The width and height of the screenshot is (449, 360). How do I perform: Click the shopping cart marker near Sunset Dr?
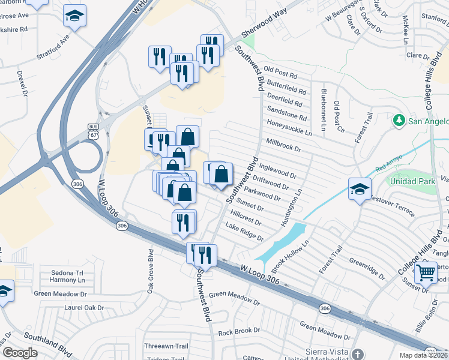426,272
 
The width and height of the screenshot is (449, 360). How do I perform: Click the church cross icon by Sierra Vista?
358,353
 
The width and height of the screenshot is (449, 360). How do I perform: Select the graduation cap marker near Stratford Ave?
75,16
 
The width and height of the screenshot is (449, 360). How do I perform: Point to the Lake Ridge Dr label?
244,232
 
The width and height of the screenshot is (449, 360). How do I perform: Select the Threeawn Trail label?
166,346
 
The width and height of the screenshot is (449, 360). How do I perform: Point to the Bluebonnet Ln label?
324,103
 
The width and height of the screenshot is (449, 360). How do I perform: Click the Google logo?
20,353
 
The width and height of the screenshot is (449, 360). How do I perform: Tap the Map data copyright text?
423,355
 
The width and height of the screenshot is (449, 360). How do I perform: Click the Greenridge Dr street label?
367,268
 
